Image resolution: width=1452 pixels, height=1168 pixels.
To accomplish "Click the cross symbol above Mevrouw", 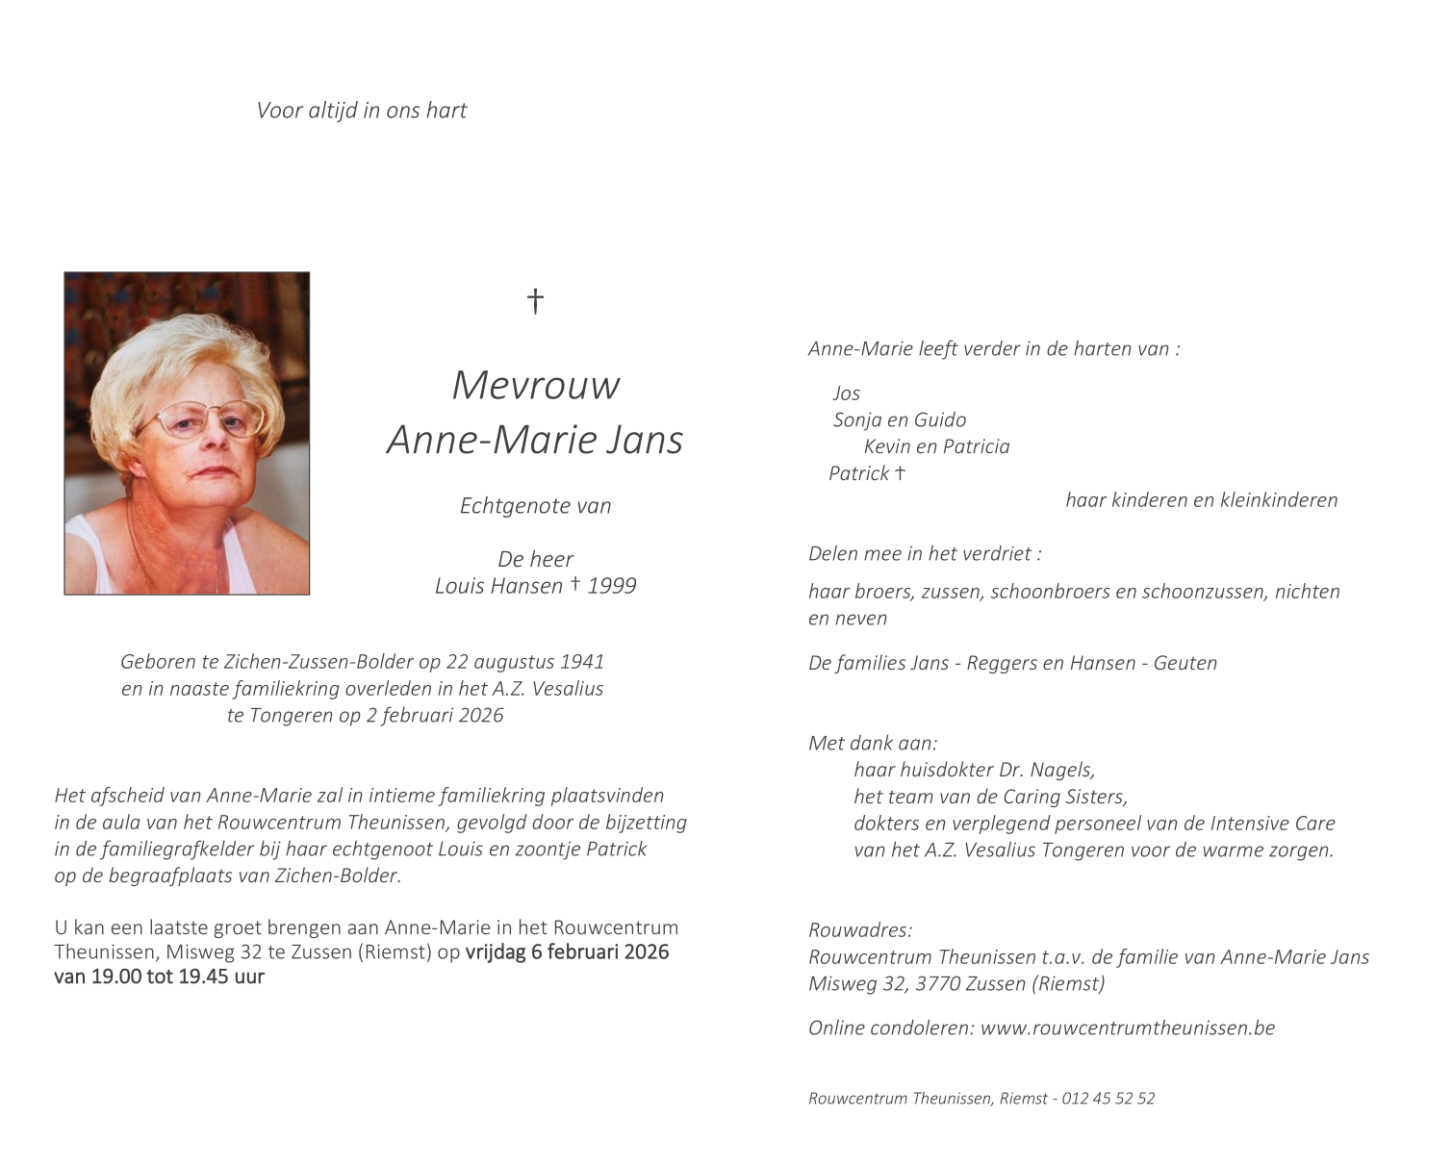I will [535, 301].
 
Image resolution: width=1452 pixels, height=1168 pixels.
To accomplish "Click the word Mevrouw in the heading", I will [535, 385].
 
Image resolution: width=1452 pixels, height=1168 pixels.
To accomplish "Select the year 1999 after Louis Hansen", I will [612, 586].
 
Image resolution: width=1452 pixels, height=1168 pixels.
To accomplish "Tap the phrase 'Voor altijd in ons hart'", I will [361, 111].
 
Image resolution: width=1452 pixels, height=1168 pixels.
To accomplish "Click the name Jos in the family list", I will [847, 394].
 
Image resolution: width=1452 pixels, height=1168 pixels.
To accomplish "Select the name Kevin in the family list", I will [887, 446].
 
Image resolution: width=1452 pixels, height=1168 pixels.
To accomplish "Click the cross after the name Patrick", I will [901, 472].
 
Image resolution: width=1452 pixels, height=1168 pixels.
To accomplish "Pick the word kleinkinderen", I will [1279, 500].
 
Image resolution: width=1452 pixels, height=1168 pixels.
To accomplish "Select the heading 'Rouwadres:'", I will [860, 930].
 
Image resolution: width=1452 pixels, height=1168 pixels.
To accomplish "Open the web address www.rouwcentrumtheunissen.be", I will [1127, 1028].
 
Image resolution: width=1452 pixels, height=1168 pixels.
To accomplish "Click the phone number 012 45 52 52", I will [1108, 1099].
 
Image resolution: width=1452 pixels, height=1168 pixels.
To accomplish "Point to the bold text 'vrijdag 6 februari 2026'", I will [567, 952].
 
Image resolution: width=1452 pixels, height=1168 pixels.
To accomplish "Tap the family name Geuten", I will [1185, 663].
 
